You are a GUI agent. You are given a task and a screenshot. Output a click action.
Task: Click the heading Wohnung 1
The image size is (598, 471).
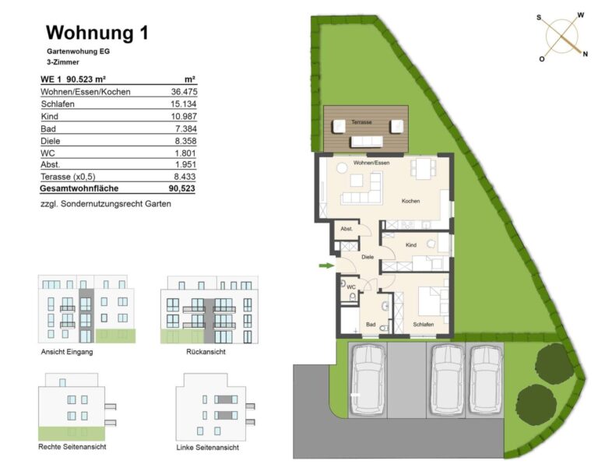coord(97,33)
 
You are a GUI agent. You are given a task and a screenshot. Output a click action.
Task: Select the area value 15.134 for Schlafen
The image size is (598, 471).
coord(184,104)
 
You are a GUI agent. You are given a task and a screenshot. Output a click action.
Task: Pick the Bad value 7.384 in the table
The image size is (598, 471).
coord(186,129)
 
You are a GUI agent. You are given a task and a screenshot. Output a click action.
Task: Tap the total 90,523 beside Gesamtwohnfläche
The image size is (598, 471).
coord(181,188)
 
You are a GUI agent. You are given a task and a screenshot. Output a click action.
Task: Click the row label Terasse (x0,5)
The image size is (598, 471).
coord(68,177)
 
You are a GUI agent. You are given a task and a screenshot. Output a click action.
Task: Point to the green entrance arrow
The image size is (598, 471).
coord(326,265)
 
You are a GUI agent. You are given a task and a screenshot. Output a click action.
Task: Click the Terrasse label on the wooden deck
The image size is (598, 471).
coord(361,122)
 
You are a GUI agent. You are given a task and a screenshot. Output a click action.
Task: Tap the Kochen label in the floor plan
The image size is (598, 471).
coord(410,201)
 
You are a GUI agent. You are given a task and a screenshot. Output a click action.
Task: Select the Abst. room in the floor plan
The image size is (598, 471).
coord(346,229)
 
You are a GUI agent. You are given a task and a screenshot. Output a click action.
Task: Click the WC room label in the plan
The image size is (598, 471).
coord(351,287)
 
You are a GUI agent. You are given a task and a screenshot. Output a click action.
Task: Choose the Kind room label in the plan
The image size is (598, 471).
coord(411,245)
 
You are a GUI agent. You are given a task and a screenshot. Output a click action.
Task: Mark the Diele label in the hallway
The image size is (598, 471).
coord(368,257)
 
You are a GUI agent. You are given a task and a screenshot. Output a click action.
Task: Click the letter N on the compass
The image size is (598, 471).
coord(585,54)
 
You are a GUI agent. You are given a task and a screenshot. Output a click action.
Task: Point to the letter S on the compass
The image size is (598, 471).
coord(539,18)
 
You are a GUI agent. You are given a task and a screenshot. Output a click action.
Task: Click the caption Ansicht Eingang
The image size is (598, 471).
coord(67,352)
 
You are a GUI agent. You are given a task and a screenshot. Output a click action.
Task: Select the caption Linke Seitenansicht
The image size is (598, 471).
coord(207,448)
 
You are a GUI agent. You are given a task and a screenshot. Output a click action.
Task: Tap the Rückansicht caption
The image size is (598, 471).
coord(206,352)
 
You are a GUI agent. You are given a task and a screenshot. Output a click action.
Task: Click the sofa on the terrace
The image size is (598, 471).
coord(366,142)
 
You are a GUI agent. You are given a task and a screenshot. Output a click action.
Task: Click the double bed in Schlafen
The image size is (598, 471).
coord(434,301)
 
